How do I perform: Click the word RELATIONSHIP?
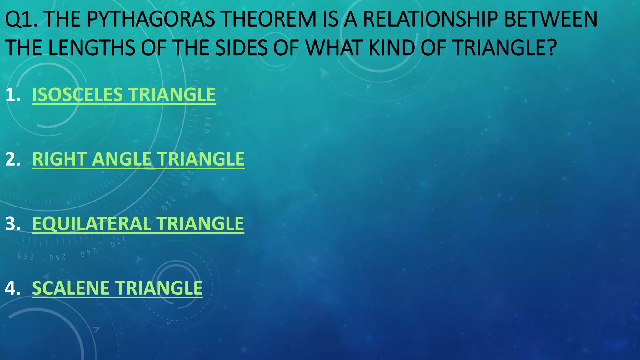(x=430, y=19)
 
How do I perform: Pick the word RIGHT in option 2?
(x=59, y=159)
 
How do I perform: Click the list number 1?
(x=12, y=95)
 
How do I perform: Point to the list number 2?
(x=12, y=159)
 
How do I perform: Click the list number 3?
(x=12, y=224)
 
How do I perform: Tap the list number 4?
(x=12, y=288)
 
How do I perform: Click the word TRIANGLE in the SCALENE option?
(x=159, y=288)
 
